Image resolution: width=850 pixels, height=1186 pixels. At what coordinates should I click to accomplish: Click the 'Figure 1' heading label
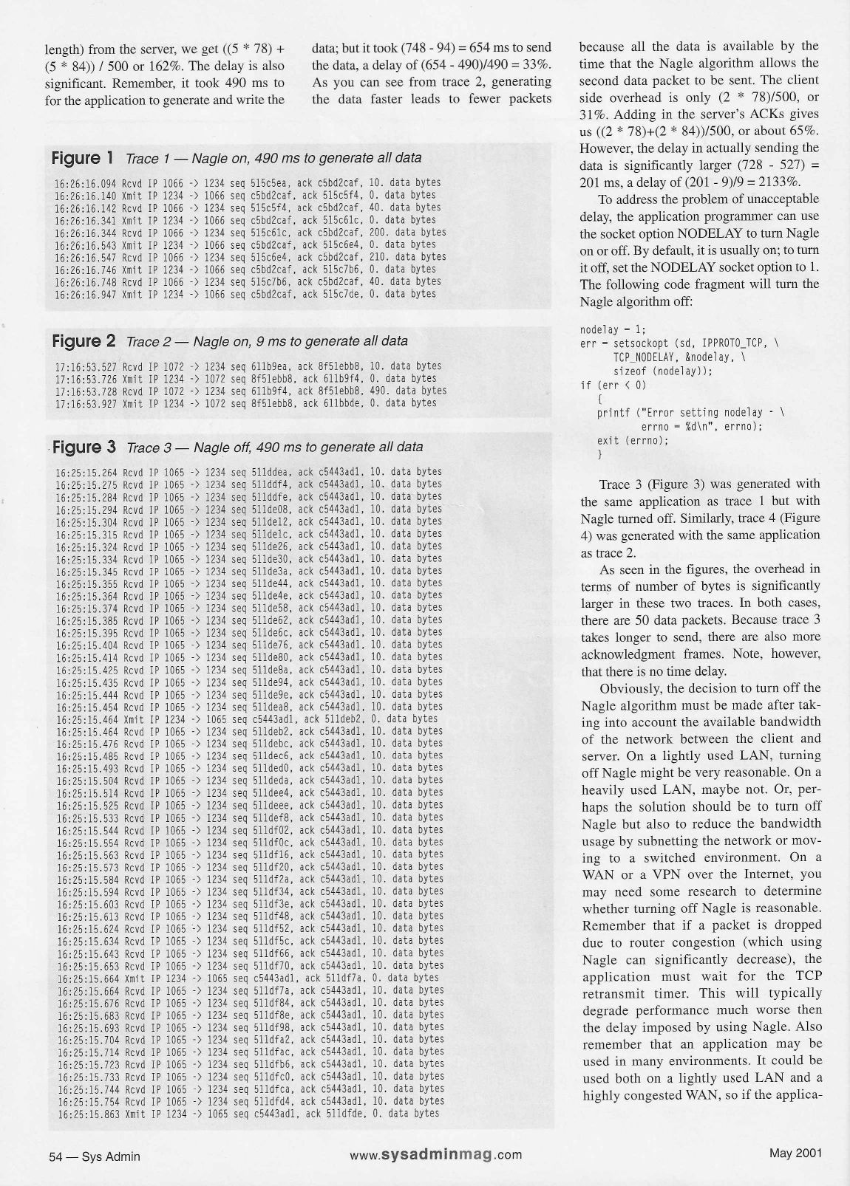click(82, 157)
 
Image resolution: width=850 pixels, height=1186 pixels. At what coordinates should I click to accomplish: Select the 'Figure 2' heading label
click(84, 341)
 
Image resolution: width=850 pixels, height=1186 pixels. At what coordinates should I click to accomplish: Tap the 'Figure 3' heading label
click(84, 447)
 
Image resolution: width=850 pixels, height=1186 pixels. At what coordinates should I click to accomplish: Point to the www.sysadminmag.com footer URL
click(435, 1155)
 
